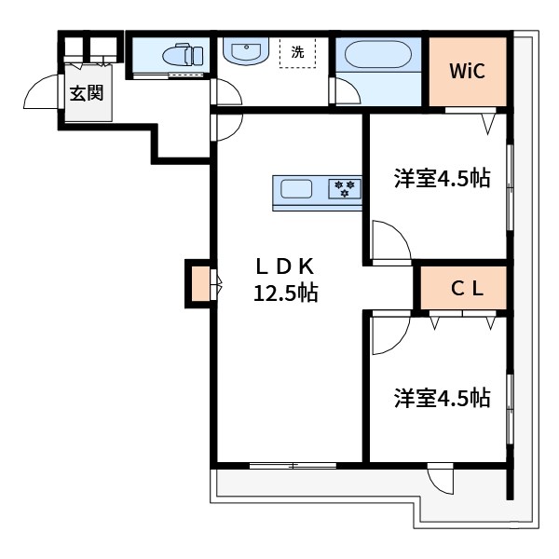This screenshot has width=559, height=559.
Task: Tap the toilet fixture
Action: (184, 55)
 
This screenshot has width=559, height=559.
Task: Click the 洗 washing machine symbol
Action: (297, 52)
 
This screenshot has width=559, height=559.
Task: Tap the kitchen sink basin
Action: (297, 189)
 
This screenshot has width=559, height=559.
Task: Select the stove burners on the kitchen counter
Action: (344, 189)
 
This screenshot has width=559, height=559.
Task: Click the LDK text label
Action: (285, 265)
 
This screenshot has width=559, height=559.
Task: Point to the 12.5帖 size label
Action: (286, 293)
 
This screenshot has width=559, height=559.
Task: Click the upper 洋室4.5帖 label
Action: (442, 179)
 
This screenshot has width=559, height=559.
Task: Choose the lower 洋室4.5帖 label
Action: (442, 398)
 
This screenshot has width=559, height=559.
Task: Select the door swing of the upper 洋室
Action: (389, 240)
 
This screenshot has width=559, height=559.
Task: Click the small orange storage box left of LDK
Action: (199, 285)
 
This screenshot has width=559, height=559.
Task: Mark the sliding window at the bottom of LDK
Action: (293, 463)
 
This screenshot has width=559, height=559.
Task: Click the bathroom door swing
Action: (345, 91)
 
